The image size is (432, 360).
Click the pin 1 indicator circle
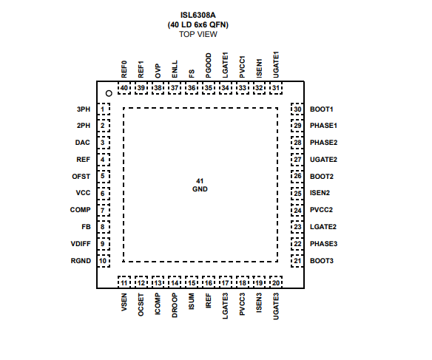point(109,94)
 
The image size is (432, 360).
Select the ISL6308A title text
point(198,15)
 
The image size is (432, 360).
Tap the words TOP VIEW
point(198,35)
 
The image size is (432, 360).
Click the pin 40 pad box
point(124,88)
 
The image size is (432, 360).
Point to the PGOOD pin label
point(209,66)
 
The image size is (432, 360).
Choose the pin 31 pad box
point(276,88)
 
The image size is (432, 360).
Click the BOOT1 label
point(322,109)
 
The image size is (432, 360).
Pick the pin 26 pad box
point(297,176)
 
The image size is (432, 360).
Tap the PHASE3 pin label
point(323,244)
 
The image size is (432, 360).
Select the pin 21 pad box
point(297,261)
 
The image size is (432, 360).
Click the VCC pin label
point(83,193)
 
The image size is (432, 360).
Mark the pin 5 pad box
point(104,176)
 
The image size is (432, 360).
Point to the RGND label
point(81,261)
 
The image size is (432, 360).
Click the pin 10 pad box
point(104,261)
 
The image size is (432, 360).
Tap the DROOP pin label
point(175,305)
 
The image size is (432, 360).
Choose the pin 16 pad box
point(209,282)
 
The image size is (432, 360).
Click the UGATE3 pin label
point(276,306)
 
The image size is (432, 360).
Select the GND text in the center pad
point(200,189)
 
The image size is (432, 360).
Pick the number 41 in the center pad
point(200,181)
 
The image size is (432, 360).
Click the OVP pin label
point(158,71)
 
